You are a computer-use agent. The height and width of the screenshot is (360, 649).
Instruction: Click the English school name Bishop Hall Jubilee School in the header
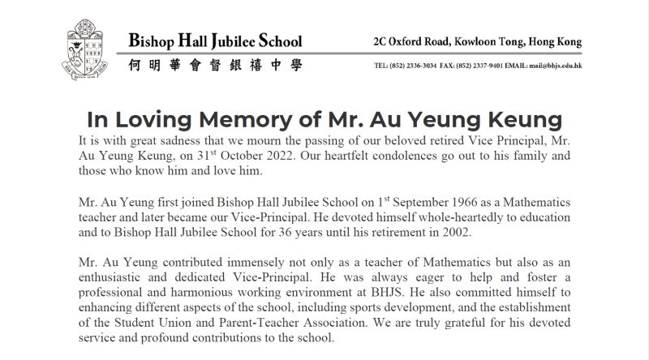pos(215,41)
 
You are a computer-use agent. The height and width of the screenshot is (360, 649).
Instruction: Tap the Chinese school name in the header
pos(215,65)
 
